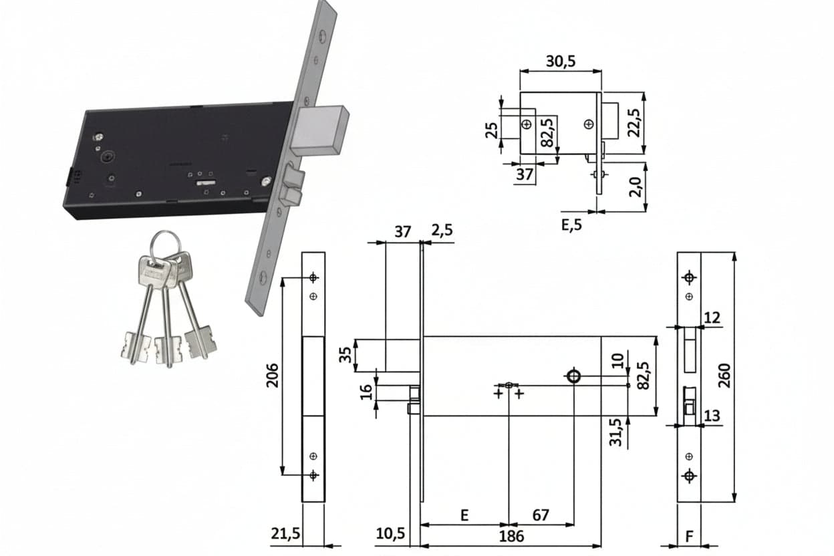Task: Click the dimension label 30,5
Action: (x=560, y=61)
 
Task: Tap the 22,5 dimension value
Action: (x=634, y=123)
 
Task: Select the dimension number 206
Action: (x=273, y=376)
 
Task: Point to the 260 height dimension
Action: (x=724, y=376)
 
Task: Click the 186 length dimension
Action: (x=511, y=536)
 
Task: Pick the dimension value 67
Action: (x=541, y=515)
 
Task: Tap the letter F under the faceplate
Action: (x=689, y=537)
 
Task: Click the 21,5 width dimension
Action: (x=285, y=534)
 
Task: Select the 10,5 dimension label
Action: (x=390, y=534)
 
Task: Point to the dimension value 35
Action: (x=346, y=355)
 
